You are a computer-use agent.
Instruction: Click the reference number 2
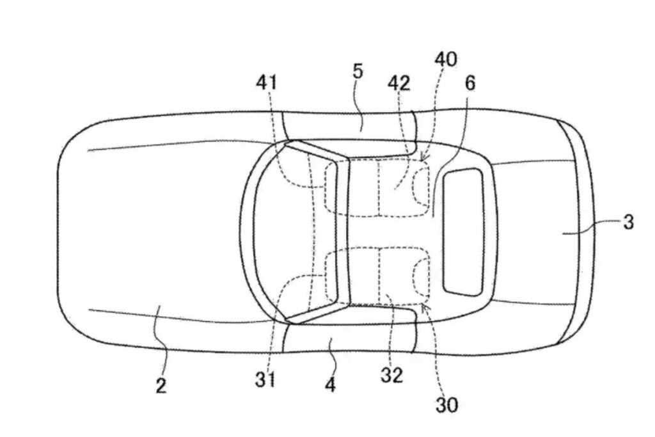tap(161, 385)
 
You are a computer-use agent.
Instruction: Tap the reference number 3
tap(628, 221)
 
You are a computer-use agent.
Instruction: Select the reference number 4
tap(330, 385)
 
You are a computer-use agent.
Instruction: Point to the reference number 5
tap(358, 72)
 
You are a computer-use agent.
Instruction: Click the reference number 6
tap(470, 83)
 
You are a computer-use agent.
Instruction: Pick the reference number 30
tap(446, 404)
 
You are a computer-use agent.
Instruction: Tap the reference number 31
tap(265, 380)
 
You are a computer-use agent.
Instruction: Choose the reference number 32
tap(392, 375)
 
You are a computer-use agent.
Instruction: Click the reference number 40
tap(446, 60)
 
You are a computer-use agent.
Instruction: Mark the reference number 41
tap(267, 83)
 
